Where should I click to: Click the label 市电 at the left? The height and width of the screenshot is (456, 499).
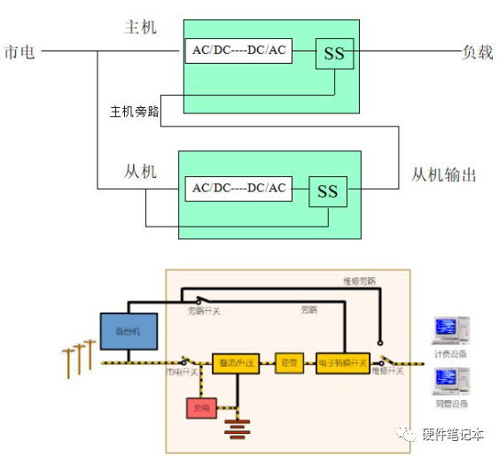click(19, 52)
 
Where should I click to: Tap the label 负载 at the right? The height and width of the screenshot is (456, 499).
click(477, 52)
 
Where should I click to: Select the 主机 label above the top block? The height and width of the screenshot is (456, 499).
click(140, 27)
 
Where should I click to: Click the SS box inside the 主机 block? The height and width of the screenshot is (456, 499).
click(334, 54)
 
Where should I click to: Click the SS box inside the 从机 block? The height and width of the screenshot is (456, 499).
click(327, 190)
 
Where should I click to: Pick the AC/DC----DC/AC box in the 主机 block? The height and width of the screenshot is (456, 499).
click(238, 50)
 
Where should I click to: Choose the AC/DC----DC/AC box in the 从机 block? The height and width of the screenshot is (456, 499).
click(238, 188)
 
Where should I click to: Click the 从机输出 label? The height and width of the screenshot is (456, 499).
click(444, 174)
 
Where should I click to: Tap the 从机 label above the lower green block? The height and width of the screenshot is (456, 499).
click(140, 171)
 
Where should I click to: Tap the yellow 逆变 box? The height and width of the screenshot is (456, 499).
click(289, 363)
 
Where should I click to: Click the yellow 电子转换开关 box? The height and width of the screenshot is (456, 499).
click(341, 363)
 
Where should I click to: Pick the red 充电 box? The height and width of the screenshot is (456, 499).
click(200, 407)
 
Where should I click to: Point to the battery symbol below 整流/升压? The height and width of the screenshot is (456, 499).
click(235, 429)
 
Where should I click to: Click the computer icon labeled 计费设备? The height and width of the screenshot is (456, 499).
click(450, 330)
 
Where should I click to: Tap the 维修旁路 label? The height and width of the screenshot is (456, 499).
click(359, 281)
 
